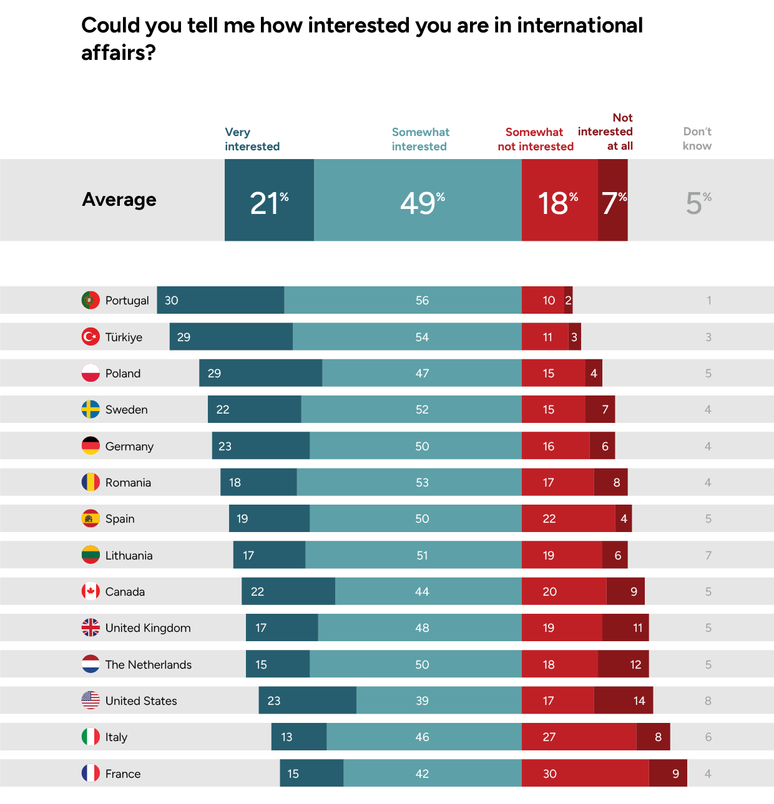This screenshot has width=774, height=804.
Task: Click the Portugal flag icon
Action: click(91, 300)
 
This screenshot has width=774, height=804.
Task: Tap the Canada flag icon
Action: click(91, 591)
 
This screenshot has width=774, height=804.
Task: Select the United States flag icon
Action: click(91, 700)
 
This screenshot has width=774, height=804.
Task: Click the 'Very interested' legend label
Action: click(252, 139)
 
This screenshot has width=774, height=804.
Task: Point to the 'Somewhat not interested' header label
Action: click(536, 139)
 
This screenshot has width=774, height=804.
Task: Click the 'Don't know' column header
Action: click(697, 138)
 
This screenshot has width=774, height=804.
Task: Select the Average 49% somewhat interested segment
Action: click(418, 200)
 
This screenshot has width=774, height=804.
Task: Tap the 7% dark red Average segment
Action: click(613, 200)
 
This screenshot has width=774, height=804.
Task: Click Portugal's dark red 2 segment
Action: click(569, 300)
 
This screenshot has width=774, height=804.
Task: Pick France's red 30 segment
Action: click(585, 773)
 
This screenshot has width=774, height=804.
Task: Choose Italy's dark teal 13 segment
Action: click(298, 737)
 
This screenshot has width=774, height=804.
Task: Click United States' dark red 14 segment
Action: click(624, 700)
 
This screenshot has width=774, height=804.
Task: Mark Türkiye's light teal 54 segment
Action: click(407, 337)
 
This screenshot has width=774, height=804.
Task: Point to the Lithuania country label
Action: click(129, 555)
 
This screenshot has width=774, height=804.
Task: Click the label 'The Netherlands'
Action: click(149, 664)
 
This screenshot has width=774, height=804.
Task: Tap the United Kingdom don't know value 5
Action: click(708, 628)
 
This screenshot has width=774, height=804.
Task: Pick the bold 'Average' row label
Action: click(119, 200)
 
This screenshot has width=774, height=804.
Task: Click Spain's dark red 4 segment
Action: click(624, 519)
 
